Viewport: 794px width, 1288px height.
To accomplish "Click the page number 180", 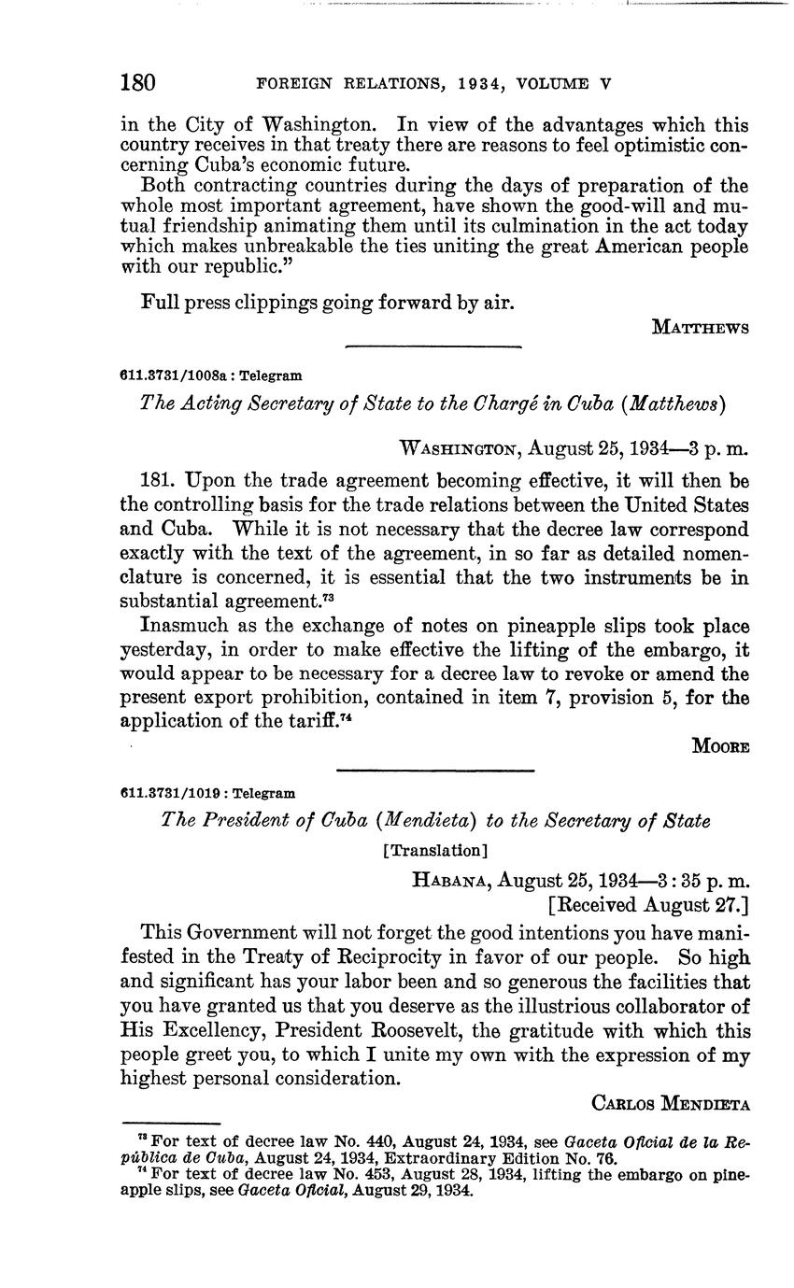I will pos(137,82).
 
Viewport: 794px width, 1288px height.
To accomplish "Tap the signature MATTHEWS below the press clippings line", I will pos(700,328).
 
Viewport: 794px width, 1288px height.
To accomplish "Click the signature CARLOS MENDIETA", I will pos(671,1103).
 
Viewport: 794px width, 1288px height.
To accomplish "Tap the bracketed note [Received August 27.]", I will pos(648,904).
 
